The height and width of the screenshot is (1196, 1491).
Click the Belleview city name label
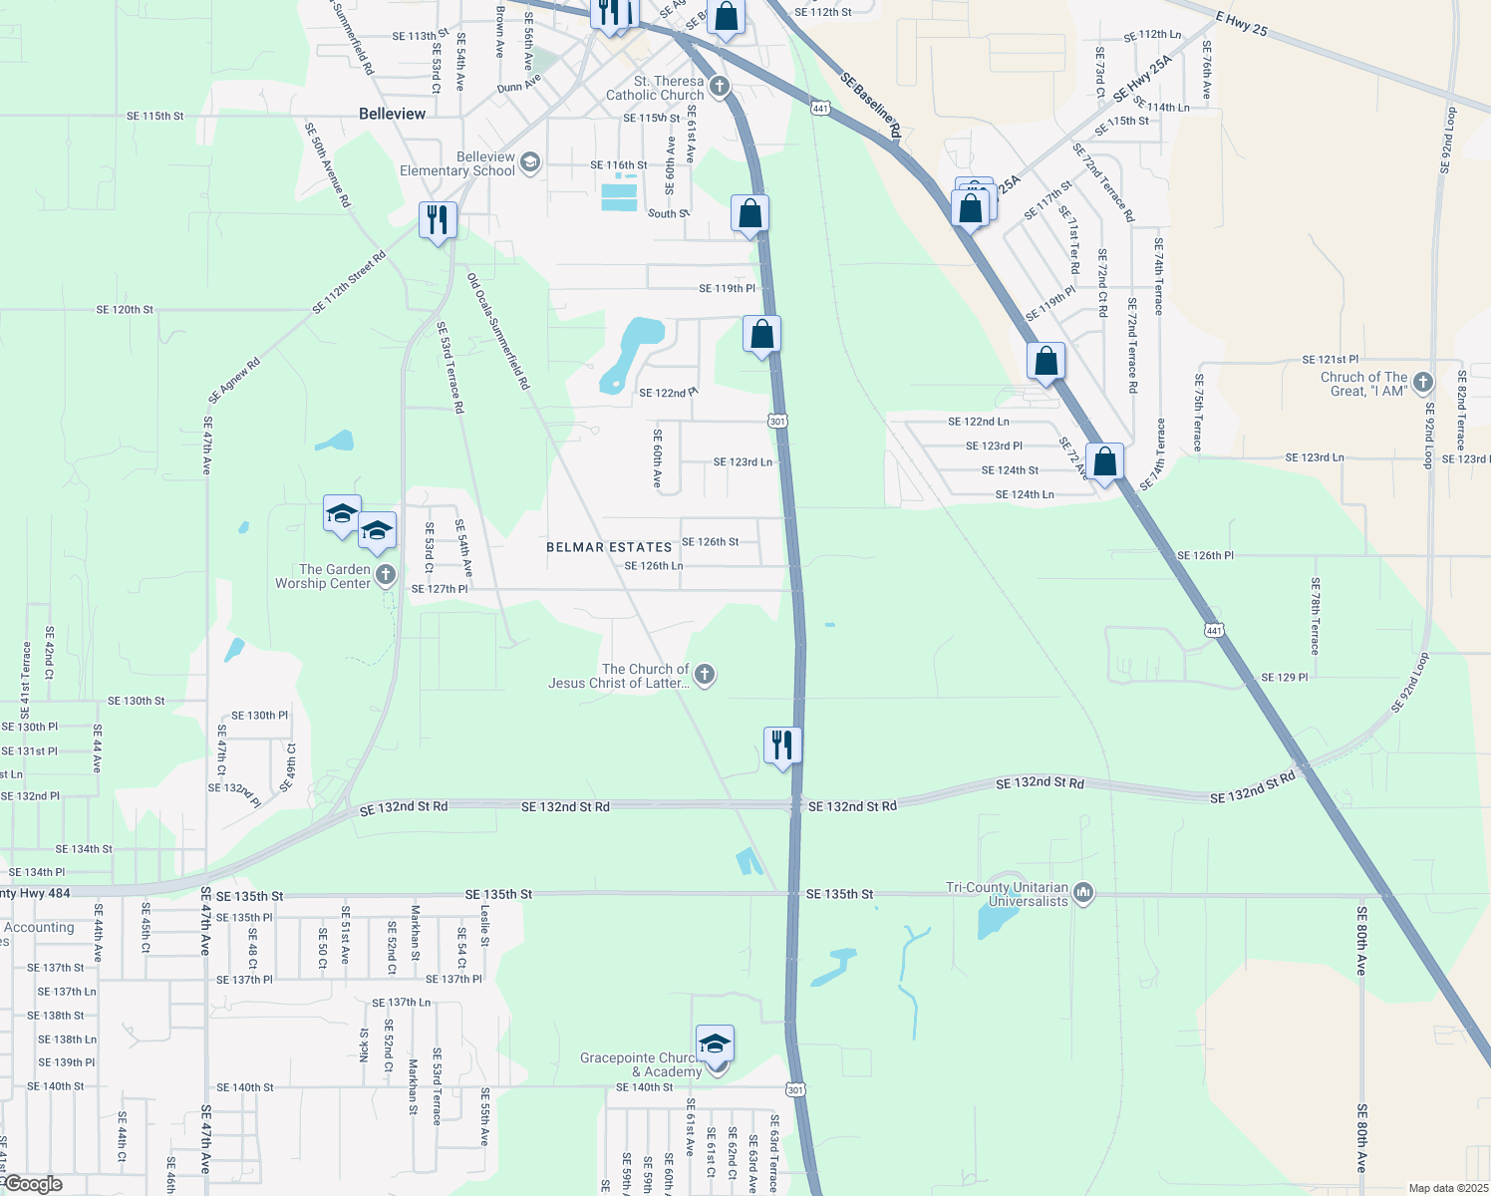392,114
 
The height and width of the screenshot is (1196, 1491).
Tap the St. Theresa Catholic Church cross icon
720,88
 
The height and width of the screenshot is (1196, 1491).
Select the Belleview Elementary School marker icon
530,163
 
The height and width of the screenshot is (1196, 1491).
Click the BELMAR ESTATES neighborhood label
609,547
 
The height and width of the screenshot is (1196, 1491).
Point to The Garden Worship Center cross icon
386,576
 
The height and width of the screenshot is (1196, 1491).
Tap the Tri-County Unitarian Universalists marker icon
1084,893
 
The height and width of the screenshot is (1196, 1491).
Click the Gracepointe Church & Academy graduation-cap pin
715,1044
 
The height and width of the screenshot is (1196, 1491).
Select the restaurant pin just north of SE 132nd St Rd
782,745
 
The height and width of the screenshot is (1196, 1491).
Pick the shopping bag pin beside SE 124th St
1104,462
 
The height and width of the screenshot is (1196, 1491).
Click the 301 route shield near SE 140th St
795,1089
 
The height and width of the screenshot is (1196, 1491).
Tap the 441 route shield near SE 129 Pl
1213,630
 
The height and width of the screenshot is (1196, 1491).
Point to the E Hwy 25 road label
1242,24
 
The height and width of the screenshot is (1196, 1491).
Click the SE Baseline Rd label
870,104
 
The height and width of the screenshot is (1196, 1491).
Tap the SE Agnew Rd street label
234,381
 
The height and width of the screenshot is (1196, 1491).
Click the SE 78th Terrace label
1315,616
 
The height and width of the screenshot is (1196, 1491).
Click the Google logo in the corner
33,1184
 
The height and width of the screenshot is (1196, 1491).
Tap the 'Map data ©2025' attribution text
1446,1188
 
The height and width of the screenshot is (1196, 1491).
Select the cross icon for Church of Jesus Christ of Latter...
705,675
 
